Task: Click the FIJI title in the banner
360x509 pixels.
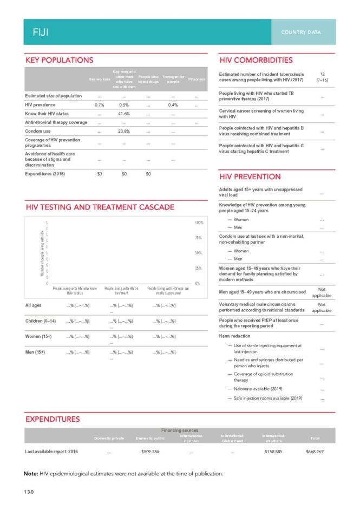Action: (x=40, y=32)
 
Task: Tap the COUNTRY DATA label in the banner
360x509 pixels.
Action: (x=300, y=32)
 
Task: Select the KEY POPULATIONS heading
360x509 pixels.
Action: (x=59, y=60)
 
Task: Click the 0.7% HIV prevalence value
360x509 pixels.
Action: (x=99, y=105)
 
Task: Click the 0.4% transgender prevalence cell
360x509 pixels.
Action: (x=173, y=105)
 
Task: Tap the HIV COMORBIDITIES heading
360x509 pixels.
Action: (x=256, y=60)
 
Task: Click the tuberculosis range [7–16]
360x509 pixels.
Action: (x=322, y=81)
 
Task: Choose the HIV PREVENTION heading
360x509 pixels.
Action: (x=250, y=177)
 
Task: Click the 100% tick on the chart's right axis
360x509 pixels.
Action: (x=198, y=223)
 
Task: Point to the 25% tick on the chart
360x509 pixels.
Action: (x=198, y=268)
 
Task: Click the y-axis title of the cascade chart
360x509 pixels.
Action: (x=42, y=253)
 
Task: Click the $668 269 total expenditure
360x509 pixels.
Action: (x=315, y=451)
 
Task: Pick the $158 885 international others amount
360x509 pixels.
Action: (x=273, y=451)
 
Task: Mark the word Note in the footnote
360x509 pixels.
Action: (x=31, y=474)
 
